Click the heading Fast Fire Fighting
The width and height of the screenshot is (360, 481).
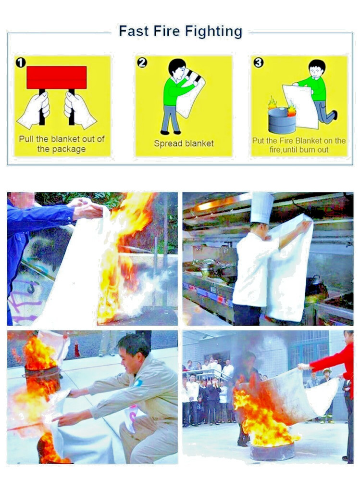(180, 32)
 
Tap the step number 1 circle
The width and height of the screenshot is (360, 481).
(20, 63)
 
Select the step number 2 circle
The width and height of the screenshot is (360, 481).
(142, 63)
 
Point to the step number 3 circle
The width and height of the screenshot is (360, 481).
(259, 63)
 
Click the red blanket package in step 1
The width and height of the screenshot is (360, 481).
(57, 77)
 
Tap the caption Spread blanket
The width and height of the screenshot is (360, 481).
(184, 143)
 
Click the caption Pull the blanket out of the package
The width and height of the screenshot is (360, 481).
(62, 144)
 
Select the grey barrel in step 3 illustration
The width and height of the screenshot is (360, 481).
(282, 121)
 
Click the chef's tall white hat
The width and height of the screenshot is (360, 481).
(262, 207)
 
